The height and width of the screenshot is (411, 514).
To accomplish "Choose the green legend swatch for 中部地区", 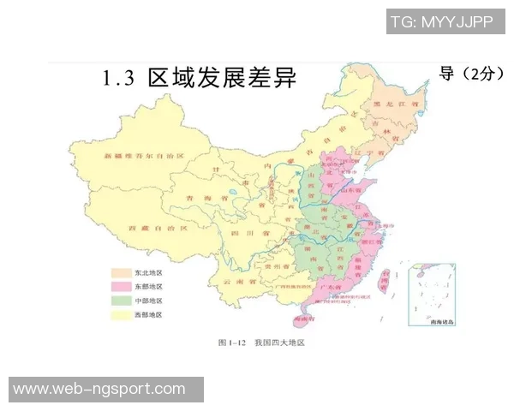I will [x=121, y=301].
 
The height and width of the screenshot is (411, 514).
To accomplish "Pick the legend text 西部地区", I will [x=148, y=315].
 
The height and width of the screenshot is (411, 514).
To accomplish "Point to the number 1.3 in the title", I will [x=119, y=80].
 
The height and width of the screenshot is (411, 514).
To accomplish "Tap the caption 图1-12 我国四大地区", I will [x=260, y=342].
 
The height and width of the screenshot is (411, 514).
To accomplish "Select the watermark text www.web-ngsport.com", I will [x=99, y=389].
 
